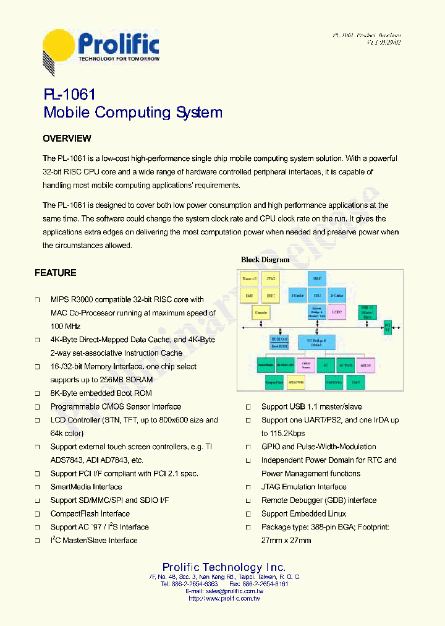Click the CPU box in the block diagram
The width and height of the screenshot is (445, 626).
pos(317,296)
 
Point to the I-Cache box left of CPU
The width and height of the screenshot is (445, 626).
pos(298,296)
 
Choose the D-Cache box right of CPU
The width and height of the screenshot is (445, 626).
pos(337,296)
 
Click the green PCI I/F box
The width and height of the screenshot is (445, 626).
pos(388,326)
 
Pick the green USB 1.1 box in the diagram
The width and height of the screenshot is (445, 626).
pos(368,311)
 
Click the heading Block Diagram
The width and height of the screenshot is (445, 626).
pos(265,260)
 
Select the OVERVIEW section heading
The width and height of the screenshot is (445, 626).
pos(67,139)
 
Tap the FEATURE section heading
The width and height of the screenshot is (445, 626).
pos(56,273)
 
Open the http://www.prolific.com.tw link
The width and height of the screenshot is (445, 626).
pos(224,598)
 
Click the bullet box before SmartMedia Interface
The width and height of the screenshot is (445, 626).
pos(37,487)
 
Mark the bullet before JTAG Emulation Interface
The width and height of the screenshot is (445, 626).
pos(248,487)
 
